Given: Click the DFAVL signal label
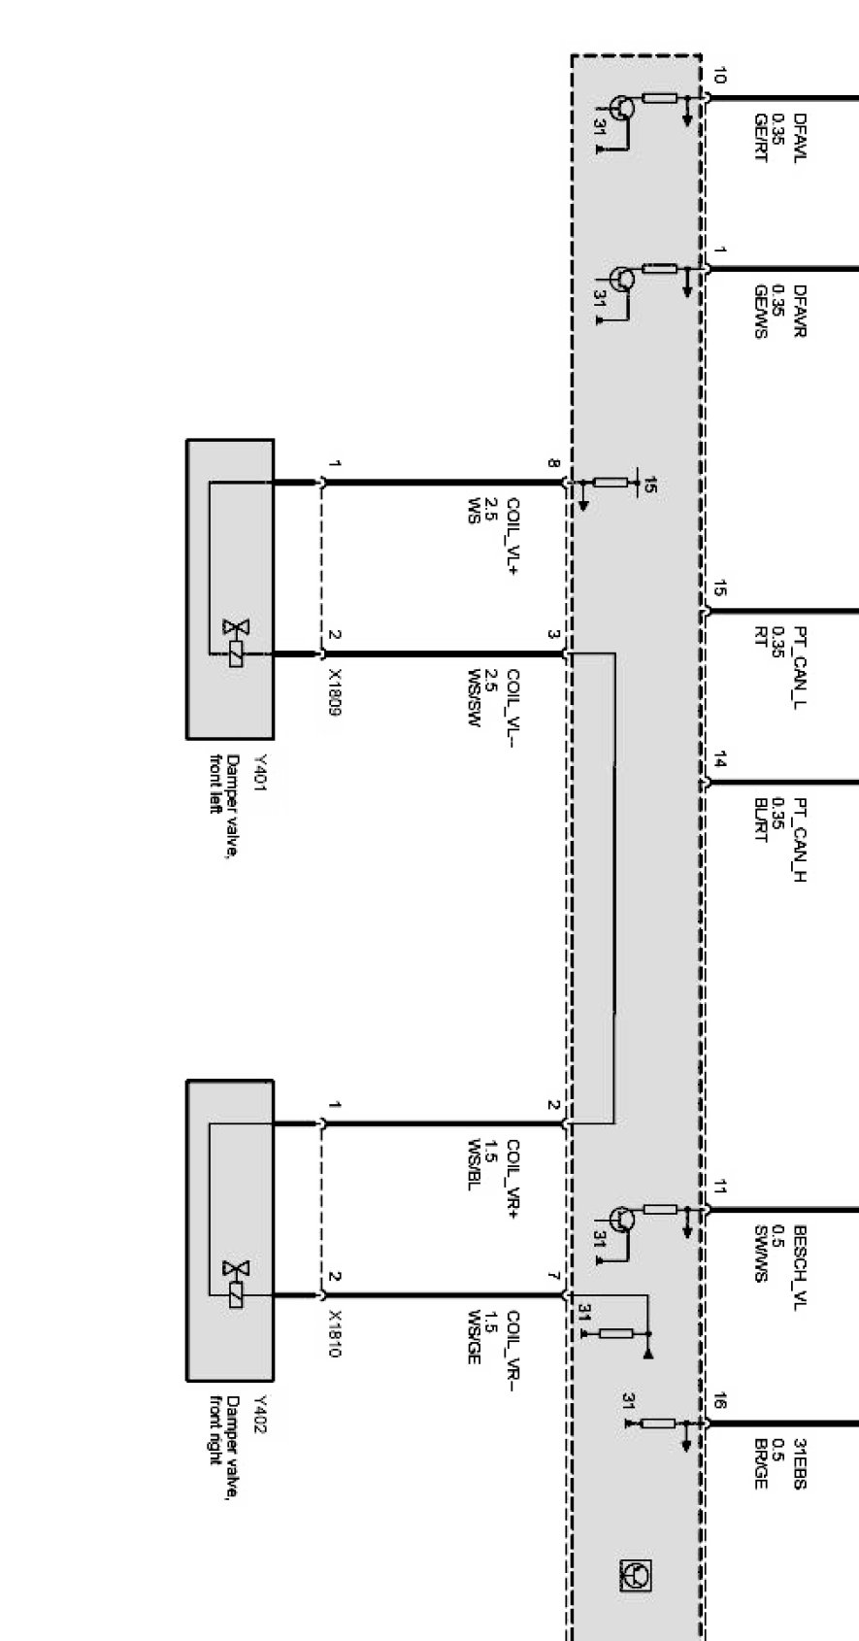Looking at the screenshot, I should pyautogui.click(x=800, y=137).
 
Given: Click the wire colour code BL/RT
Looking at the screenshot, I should pyautogui.click(x=760, y=821).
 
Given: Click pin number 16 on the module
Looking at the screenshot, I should pyautogui.click(x=719, y=1401).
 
